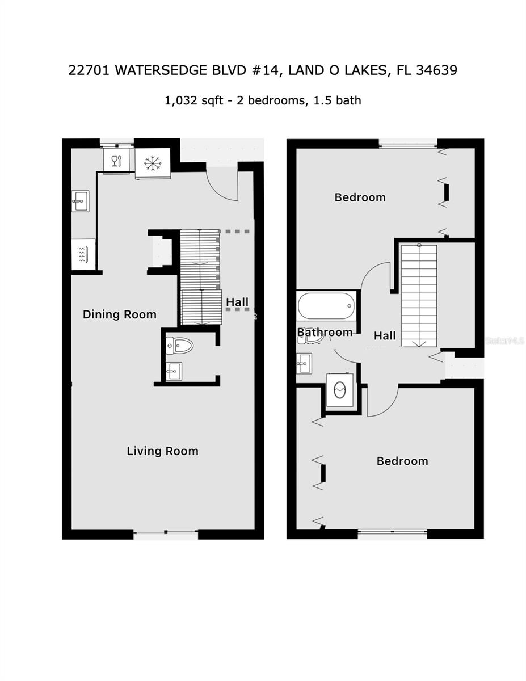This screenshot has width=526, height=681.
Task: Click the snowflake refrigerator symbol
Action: [x=153, y=163]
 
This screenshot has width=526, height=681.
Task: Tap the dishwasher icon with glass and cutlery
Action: [x=116, y=161]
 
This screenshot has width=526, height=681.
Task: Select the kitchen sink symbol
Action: [x=80, y=201]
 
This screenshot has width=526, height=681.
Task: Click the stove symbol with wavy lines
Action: [x=83, y=254]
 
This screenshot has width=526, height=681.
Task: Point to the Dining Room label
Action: [x=119, y=314]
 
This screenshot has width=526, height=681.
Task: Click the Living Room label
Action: [x=162, y=451]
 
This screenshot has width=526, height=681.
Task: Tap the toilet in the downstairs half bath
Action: [x=179, y=346]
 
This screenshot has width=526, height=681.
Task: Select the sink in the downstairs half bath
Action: [x=174, y=371]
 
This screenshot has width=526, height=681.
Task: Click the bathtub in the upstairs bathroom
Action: [x=326, y=305]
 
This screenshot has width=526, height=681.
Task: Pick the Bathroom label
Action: [x=325, y=332]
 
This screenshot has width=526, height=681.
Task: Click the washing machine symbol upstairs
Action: [x=339, y=390]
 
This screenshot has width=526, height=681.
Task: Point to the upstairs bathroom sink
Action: [x=304, y=364]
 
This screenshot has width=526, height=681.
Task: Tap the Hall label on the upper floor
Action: [x=385, y=335]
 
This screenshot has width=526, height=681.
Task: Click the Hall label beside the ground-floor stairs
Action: [x=237, y=302]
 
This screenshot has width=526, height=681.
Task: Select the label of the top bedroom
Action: [x=360, y=197]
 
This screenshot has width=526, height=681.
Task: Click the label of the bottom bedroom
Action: [x=402, y=461]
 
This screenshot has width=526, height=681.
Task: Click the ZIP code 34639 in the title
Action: [x=436, y=70]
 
